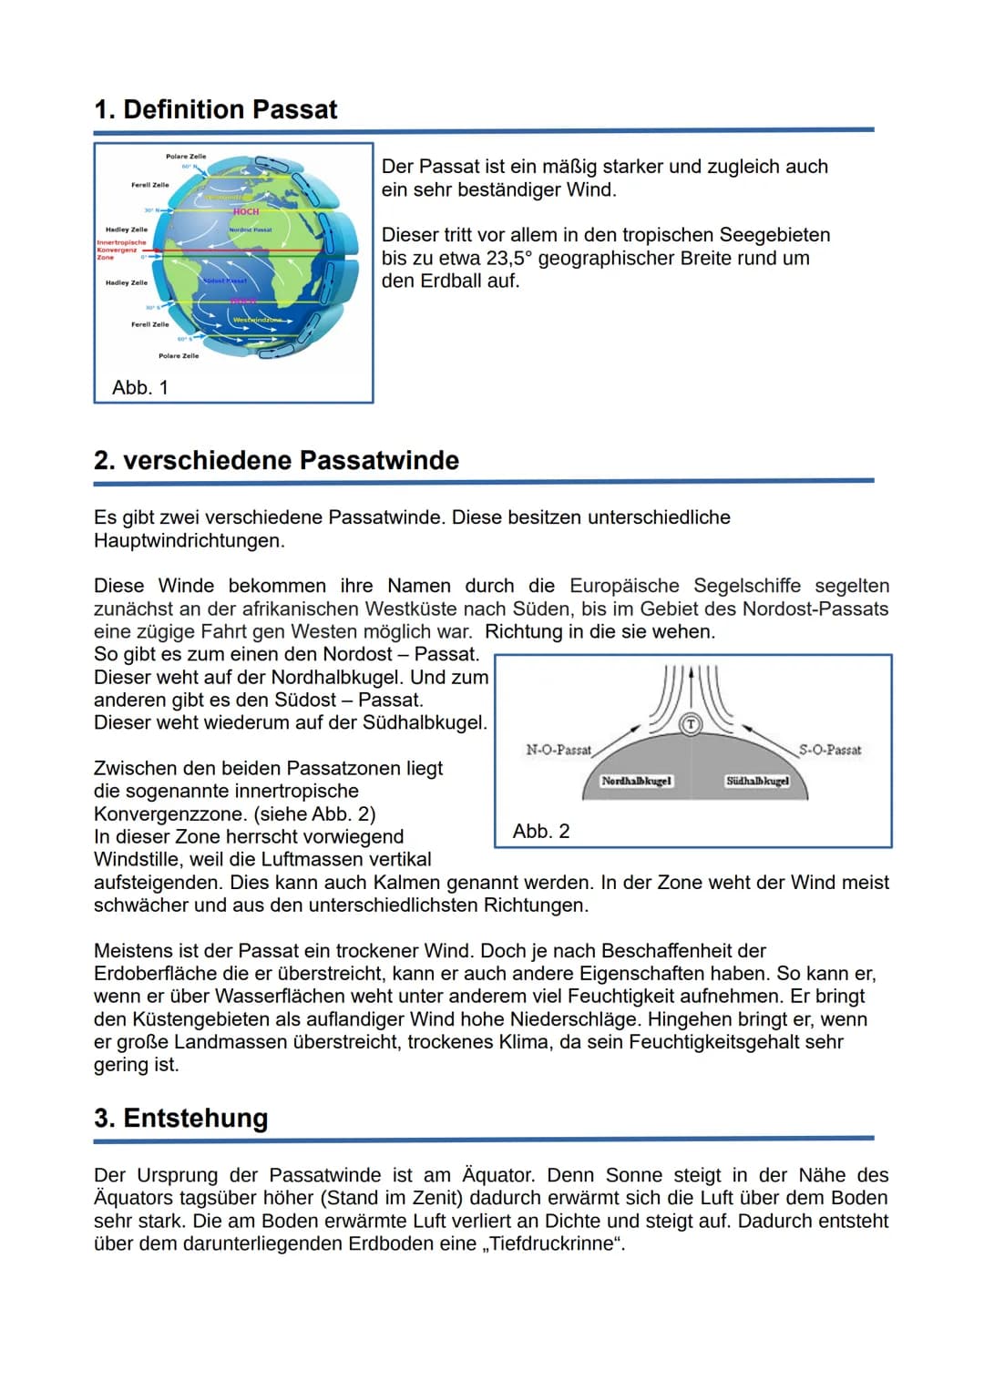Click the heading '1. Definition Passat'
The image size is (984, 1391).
point(216,110)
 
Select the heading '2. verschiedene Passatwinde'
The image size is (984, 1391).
point(276,460)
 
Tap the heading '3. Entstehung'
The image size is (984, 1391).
point(181,1118)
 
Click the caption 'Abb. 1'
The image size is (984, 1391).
point(140,388)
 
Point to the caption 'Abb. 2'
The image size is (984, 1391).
point(541,831)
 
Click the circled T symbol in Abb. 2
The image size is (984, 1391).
point(692,724)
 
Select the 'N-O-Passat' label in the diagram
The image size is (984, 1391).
point(559,750)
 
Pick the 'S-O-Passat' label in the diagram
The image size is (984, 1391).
point(830,750)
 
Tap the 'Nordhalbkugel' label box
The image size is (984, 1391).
point(637,781)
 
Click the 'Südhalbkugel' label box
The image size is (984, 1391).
point(757,781)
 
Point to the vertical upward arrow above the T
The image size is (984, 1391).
point(692,688)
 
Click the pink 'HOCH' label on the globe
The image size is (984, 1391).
point(245,211)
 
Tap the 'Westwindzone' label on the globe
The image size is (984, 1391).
point(256,320)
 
